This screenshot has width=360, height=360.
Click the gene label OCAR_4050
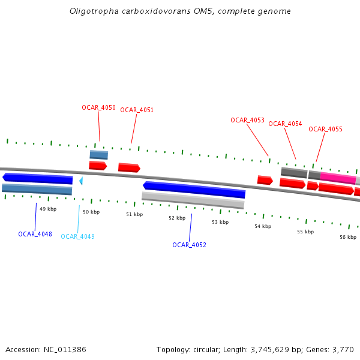pos(98,108)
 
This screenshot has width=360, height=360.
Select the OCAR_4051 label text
pos(137,110)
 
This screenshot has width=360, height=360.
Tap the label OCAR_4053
pos(247,121)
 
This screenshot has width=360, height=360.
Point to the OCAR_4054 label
pos(285,124)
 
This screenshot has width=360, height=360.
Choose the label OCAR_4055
pos(325,130)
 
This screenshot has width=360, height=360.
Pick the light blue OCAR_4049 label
pos(77,237)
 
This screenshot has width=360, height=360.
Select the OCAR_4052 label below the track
pos(189,245)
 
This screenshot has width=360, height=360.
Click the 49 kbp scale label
pos(48,209)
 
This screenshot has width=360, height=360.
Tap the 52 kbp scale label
pos(177,218)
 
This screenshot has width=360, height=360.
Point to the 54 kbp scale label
pos(263,226)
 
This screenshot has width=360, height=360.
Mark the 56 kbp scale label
pos(348,237)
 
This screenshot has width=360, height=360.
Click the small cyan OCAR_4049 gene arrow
pos(81,181)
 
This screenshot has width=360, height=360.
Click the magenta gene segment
pos(338,178)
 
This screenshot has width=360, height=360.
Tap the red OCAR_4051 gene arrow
pos(129,168)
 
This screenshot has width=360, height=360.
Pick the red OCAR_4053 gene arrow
pos(265,180)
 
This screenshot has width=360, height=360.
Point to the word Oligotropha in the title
pos(89,11)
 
